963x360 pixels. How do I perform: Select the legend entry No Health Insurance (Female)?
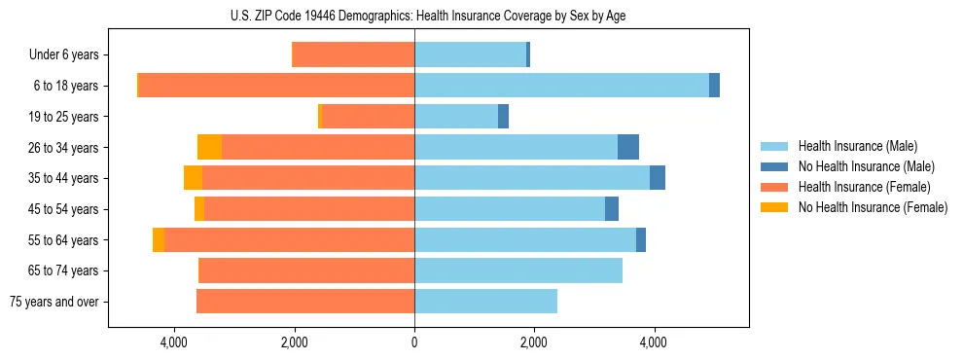pyautogui.click(x=873, y=207)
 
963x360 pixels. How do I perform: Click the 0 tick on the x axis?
pyautogui.click(x=414, y=342)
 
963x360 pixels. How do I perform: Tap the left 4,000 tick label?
pyautogui.click(x=174, y=342)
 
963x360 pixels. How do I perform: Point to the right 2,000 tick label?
pyautogui.click(x=534, y=342)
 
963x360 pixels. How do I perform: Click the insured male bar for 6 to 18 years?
pyautogui.click(x=561, y=86)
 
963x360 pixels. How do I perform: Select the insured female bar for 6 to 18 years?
pyautogui.click(x=277, y=86)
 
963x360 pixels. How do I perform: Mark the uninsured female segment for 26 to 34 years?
pyautogui.click(x=209, y=147)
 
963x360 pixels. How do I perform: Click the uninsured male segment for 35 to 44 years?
pyautogui.click(x=658, y=178)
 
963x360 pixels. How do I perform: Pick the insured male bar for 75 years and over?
pyautogui.click(x=485, y=302)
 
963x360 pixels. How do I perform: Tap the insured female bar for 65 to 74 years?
pyautogui.click(x=306, y=270)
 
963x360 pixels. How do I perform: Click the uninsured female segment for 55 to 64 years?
pyautogui.click(x=159, y=239)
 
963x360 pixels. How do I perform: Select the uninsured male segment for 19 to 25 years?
pyautogui.click(x=503, y=117)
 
